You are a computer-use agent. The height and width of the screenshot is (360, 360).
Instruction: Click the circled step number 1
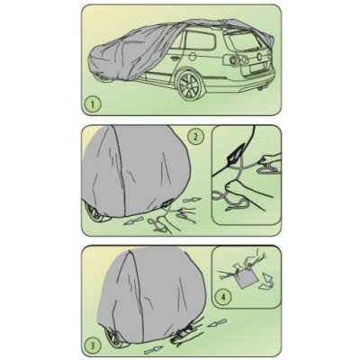coord(93,104)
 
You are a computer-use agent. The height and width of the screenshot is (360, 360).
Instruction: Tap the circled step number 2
coord(195,137)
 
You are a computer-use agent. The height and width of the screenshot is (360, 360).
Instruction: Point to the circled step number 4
coord(222,297)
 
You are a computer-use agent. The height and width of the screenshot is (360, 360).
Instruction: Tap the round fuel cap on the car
coord(193,57)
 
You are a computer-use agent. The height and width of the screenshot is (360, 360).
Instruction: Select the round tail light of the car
coord(233,60)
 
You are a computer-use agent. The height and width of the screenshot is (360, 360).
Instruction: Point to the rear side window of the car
coord(201,40)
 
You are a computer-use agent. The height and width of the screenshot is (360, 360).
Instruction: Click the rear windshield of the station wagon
coord(244,40)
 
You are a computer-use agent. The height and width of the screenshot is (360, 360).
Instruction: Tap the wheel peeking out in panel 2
coord(95,212)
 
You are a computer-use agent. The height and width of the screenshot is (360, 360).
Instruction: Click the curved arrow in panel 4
coord(266,283)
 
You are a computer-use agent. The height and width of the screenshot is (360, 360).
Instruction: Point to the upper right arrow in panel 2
coord(192,200)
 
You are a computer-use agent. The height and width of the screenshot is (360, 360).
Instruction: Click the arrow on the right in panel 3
coord(218,324)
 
